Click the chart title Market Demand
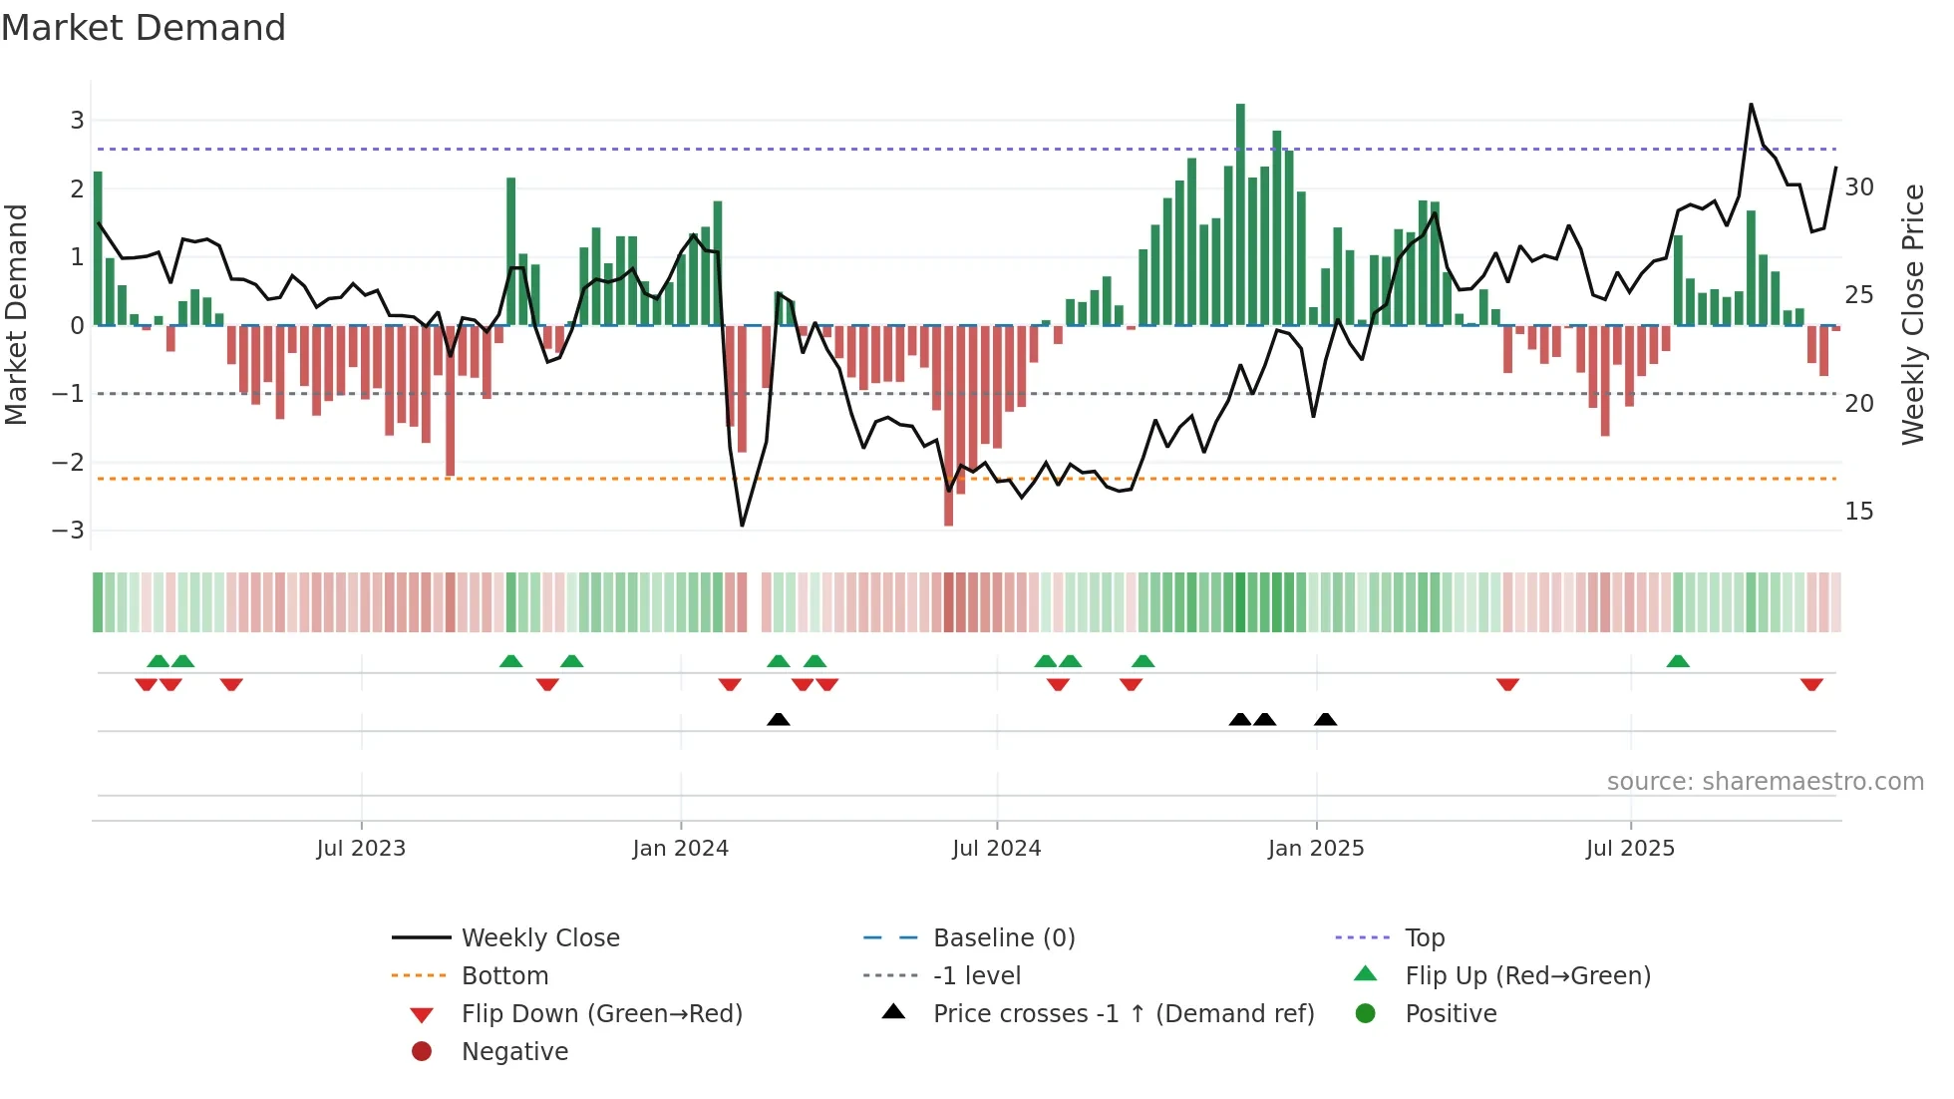[144, 28]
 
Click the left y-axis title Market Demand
[17, 314]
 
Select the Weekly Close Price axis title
[1912, 314]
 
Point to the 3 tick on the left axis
[77, 121]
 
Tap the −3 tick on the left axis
[69, 531]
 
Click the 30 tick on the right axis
[1859, 187]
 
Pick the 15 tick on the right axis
[1859, 512]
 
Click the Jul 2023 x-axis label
[361, 849]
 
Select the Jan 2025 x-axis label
[1316, 849]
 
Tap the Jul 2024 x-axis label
[996, 849]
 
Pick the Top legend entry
[1425, 938]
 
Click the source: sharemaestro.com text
[1765, 782]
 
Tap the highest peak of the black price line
[1751, 105]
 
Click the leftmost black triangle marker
[779, 719]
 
